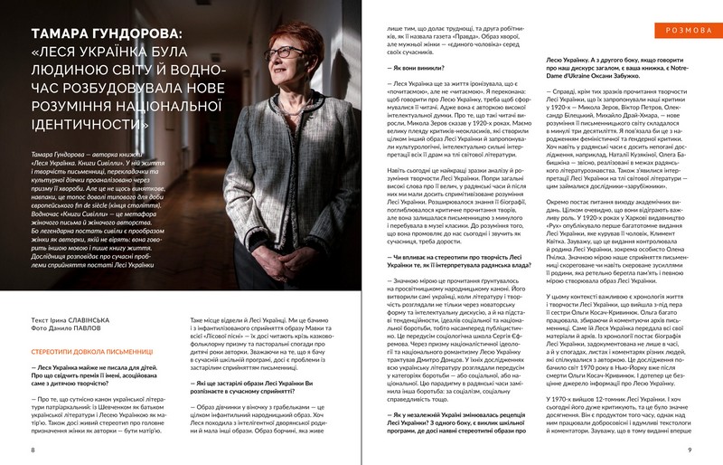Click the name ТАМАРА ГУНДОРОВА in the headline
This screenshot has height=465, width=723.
[105, 34]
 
